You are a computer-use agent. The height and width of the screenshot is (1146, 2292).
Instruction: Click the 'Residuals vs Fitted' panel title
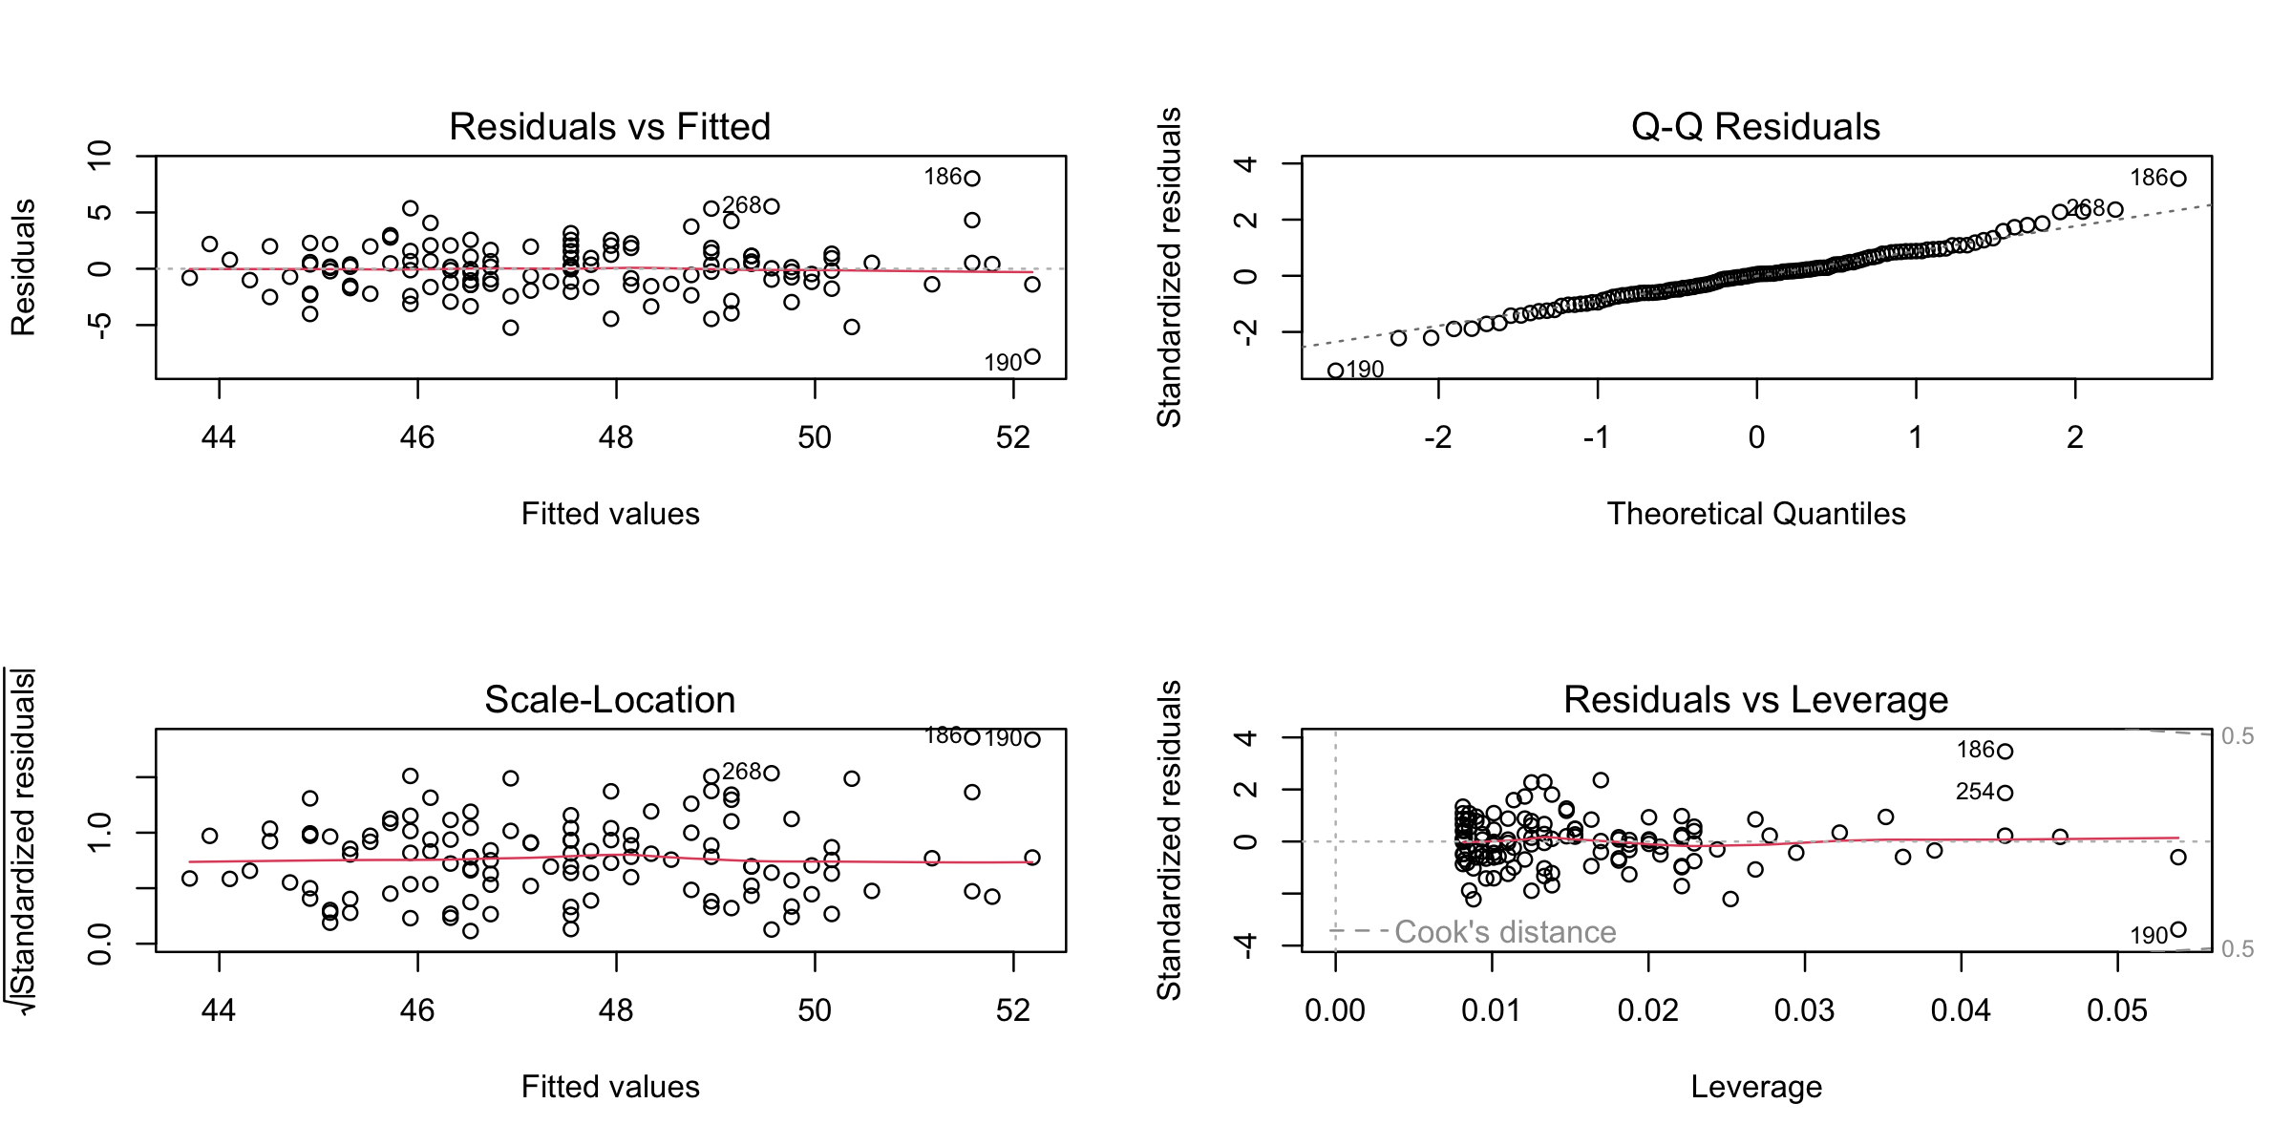coord(609,127)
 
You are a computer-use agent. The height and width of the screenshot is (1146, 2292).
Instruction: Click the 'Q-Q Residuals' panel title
coord(1755,127)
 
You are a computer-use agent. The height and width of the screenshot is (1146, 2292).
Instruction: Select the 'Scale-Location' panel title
coord(609,700)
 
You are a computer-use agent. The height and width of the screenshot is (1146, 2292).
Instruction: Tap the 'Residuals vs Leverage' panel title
coord(1755,700)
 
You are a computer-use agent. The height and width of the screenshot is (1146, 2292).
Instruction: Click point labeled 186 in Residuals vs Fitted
coord(972,179)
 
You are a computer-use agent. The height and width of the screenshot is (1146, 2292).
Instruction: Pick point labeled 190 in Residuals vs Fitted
coord(1032,357)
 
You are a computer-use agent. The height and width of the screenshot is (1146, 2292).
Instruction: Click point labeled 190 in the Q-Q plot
coord(1336,371)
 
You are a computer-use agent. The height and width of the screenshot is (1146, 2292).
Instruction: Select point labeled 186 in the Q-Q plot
coord(2178,179)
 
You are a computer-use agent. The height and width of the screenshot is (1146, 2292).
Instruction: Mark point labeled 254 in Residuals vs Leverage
coord(2005,793)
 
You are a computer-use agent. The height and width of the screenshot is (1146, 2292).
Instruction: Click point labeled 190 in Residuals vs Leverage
coord(2178,929)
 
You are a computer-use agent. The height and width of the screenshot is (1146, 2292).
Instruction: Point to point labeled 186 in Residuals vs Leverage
coord(2005,752)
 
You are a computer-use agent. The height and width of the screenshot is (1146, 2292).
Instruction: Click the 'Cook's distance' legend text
coord(1505,932)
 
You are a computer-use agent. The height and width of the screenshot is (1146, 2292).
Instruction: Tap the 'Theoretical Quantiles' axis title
coord(1755,514)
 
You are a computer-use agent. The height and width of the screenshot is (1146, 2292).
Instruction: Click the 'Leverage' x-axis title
coord(1755,1087)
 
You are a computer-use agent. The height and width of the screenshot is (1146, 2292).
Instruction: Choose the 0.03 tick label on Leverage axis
coord(1804,1010)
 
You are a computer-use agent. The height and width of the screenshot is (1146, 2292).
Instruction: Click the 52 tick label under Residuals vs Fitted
coord(1012,437)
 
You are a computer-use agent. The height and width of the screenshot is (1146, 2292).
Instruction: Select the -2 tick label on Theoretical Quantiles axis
coord(1437,437)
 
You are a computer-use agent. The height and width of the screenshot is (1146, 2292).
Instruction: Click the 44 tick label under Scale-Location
coord(219,1010)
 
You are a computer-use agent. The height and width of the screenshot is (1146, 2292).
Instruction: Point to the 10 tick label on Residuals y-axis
coord(99,155)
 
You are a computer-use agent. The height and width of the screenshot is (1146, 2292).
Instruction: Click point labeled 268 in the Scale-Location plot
coord(772,773)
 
